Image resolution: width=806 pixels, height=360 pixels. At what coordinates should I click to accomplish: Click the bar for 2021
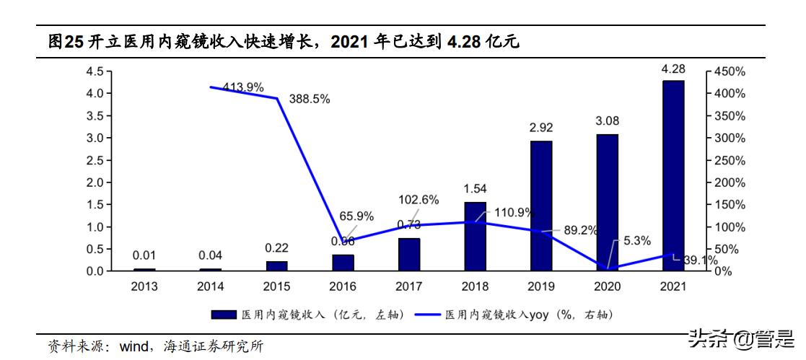tap(673, 175)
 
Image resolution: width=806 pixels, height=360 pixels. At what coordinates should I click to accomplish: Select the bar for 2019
tap(541, 206)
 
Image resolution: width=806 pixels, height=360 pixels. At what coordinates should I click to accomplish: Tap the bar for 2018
tap(475, 237)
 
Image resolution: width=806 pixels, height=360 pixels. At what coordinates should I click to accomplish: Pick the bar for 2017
tap(409, 254)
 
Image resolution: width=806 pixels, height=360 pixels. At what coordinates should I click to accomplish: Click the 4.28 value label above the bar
tap(673, 69)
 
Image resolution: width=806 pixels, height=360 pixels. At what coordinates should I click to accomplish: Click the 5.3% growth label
tap(636, 240)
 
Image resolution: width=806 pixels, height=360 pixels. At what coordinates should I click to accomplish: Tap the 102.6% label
tap(418, 200)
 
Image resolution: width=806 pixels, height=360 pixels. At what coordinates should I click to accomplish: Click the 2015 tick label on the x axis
tap(276, 286)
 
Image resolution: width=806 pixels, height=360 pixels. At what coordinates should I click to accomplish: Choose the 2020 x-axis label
tap(607, 286)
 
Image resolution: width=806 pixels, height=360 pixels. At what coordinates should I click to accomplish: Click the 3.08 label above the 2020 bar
tap(607, 121)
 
